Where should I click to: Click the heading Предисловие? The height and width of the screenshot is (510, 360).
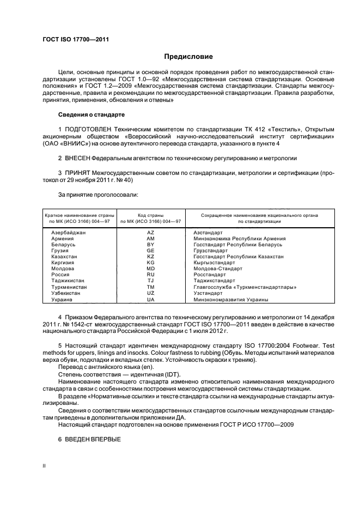(x=188, y=57)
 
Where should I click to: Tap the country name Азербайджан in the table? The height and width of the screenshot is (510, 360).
(x=69, y=233)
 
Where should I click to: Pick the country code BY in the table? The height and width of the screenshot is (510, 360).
(x=151, y=245)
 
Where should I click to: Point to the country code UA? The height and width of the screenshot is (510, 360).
(x=151, y=299)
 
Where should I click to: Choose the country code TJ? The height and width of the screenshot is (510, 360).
(x=151, y=281)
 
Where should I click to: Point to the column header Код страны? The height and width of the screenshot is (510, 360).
(x=151, y=216)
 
